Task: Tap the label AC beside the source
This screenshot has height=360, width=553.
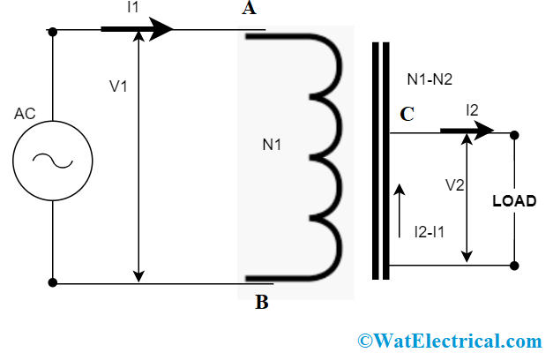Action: pyautogui.click(x=25, y=115)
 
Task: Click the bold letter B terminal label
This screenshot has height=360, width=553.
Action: pyautogui.click(x=262, y=304)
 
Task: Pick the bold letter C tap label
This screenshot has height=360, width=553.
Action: pyautogui.click(x=407, y=115)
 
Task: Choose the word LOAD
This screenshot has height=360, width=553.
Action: pyautogui.click(x=514, y=201)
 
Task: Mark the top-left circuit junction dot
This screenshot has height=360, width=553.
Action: pyautogui.click(x=53, y=32)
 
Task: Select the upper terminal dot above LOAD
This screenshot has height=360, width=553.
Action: pyautogui.click(x=514, y=135)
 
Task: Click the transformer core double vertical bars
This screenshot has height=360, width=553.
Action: pyautogui.click(x=380, y=159)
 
